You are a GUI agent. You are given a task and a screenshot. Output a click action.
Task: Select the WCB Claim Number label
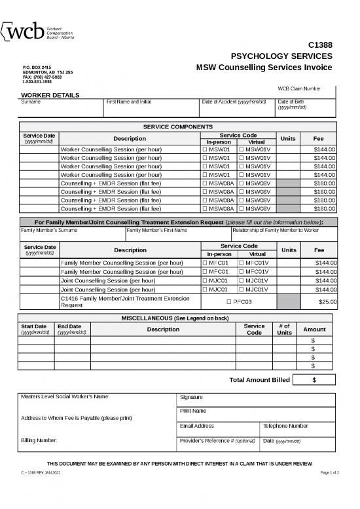(x=299, y=88)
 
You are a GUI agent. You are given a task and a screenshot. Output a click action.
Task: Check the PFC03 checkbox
(x=228, y=301)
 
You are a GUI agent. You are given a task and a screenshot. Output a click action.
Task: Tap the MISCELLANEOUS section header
(x=175, y=318)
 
